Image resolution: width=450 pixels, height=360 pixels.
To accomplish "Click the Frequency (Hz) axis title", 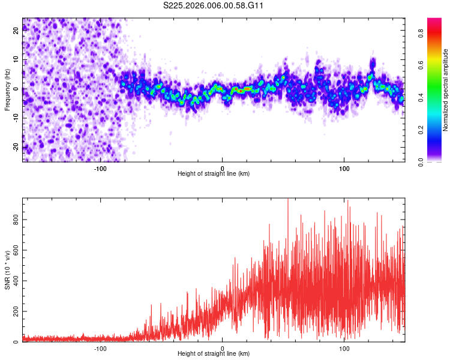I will (7, 89).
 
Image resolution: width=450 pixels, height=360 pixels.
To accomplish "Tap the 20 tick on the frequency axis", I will (16, 32).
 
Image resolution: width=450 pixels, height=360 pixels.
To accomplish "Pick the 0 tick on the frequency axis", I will (16, 89).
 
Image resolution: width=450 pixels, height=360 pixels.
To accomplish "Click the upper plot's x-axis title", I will (214, 174).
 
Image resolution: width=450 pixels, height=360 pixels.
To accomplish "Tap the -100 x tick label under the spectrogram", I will (100, 168).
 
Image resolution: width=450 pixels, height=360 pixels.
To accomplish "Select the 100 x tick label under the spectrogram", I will (344, 168).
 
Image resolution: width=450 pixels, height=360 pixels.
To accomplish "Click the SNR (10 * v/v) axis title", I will (7, 270).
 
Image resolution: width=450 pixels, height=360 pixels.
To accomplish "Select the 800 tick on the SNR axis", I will (16, 220).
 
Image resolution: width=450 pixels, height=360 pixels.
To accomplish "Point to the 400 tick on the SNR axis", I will (16, 281).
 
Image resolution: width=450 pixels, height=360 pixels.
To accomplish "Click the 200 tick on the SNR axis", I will (16, 311).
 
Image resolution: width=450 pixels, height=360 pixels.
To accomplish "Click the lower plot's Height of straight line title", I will (214, 354).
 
